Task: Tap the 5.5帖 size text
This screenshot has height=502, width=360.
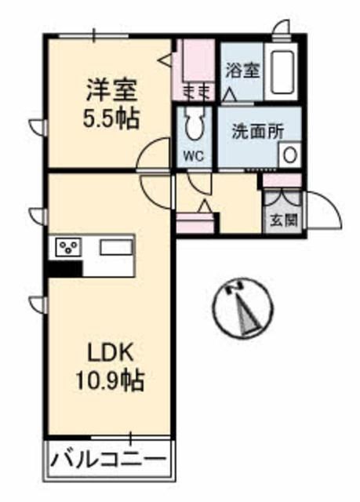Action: pyautogui.click(x=112, y=119)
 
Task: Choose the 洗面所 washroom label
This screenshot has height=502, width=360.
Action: pyautogui.click(x=256, y=131)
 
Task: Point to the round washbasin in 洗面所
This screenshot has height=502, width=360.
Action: pyautogui.click(x=289, y=155)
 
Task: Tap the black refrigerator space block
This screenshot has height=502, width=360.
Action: pyautogui.click(x=64, y=267)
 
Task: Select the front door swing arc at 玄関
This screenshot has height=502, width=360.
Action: pyautogui.click(x=322, y=209)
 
